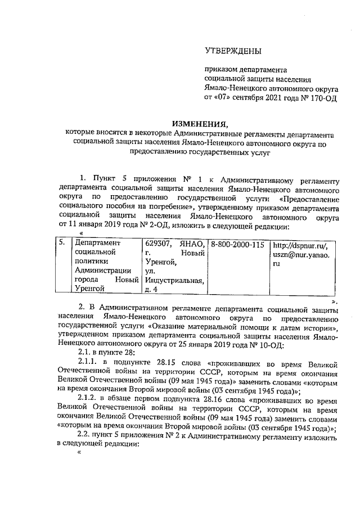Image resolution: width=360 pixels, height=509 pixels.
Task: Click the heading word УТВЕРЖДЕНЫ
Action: [x=233, y=52]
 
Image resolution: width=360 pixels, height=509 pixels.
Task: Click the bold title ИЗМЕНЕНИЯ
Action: [x=201, y=124]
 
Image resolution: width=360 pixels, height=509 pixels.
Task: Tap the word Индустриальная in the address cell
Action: [x=175, y=280]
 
